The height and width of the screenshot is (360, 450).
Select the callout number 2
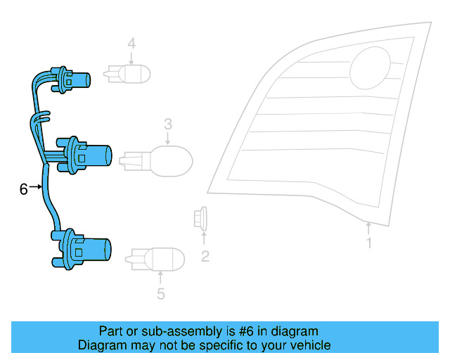(x=205, y=256)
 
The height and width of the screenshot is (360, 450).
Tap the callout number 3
(x=168, y=124)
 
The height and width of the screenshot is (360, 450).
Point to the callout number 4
(x=131, y=44)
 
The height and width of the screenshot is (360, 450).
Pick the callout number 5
(x=160, y=294)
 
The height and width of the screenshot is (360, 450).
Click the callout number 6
(x=23, y=189)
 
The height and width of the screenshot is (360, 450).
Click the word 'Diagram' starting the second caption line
(x=101, y=345)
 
